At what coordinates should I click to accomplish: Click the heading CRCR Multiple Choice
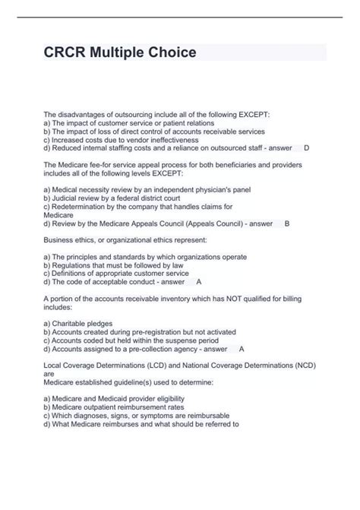(x=121, y=52)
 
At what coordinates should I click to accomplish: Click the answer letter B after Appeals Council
(x=286, y=223)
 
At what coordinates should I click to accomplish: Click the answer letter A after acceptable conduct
(x=199, y=281)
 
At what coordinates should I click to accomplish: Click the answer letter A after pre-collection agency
(x=241, y=349)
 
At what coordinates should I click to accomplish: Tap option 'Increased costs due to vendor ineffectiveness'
(x=122, y=140)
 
